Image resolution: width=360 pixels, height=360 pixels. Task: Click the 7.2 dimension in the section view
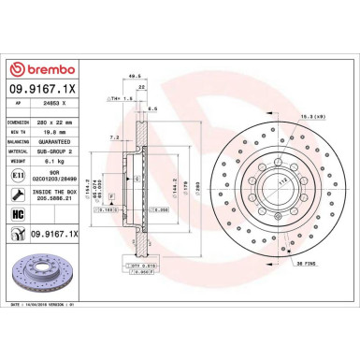pyautogui.click(x=115, y=137)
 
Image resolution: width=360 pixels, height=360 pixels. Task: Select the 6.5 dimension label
pyautogui.click(x=151, y=109)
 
